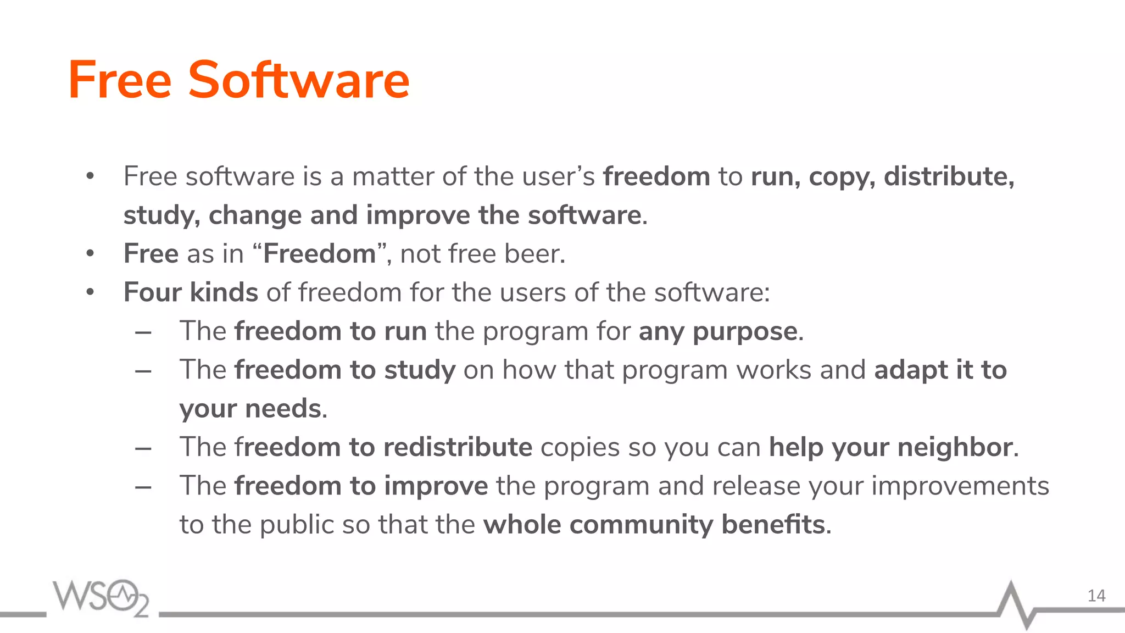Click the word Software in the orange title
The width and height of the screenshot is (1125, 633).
point(299,80)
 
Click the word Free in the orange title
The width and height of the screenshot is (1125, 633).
point(120,80)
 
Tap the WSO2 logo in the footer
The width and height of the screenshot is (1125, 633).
point(101,597)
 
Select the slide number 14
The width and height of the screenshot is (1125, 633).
point(1096,596)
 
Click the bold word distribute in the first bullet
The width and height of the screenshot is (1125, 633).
point(949,176)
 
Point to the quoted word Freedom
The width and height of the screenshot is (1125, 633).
point(319,254)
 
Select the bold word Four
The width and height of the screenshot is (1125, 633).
point(152,292)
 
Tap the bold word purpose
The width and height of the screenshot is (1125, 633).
point(745,332)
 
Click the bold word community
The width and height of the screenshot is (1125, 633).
point(641,525)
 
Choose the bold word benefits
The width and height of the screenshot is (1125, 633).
point(773,525)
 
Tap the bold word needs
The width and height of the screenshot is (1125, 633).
point(283,409)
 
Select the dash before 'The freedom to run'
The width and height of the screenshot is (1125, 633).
point(143,332)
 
